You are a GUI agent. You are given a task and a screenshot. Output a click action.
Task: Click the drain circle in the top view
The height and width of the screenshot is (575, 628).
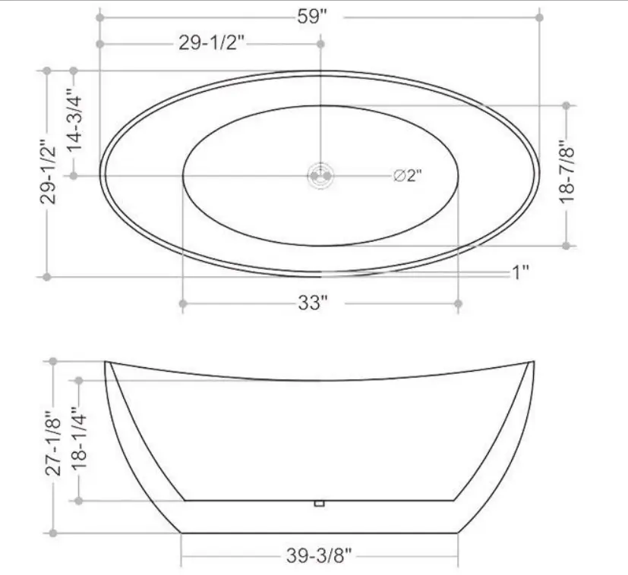pos(320,176)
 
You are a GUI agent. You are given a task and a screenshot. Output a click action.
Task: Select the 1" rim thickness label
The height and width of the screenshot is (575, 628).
pos(519,272)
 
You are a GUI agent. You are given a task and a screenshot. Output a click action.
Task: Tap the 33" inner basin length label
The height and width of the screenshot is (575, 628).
pos(312,303)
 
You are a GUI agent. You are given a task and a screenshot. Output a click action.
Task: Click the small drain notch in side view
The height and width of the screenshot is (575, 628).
pos(320,502)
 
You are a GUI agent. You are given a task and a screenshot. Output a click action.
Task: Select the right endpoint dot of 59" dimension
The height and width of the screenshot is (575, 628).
pos(539,16)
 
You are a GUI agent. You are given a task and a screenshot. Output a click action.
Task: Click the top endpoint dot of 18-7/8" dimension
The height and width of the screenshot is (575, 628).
pos(566,105)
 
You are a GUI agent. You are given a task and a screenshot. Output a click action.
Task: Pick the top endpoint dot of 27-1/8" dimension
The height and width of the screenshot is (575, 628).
pos(53,361)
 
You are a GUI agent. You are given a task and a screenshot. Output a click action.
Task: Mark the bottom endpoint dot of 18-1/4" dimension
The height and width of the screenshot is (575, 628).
pos(78,501)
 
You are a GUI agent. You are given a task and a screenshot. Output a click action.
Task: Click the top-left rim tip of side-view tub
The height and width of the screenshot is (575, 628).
pos(106,362)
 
